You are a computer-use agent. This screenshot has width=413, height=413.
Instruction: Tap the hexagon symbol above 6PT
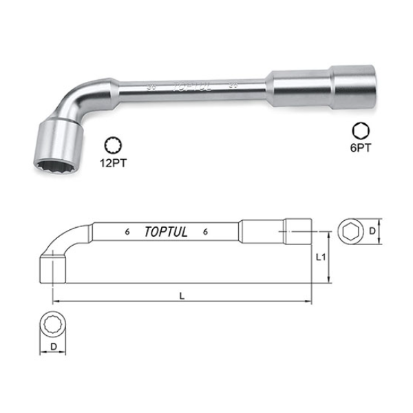[x=359, y=131]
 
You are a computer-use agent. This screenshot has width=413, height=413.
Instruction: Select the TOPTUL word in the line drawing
[x=167, y=232]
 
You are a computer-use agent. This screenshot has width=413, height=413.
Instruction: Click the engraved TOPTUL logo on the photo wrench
[x=189, y=87]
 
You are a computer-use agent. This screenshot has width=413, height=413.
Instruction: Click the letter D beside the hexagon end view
[x=372, y=231]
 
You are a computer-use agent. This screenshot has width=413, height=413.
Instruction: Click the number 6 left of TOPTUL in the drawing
[x=128, y=232]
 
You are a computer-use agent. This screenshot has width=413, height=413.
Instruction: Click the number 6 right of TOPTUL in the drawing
[x=206, y=232]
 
